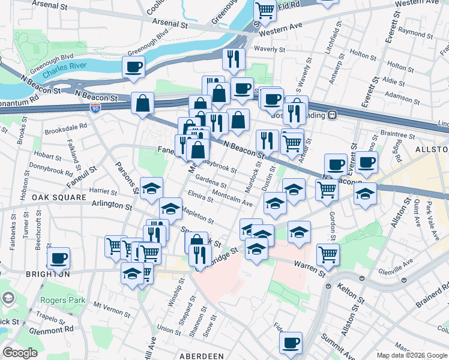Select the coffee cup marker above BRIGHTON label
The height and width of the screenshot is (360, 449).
[58, 258]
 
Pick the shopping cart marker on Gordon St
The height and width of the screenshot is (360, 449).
[327, 189]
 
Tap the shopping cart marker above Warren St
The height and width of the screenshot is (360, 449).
[328, 254]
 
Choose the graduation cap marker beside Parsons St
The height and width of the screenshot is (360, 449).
[151, 188]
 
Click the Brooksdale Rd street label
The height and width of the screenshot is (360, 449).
[65, 127]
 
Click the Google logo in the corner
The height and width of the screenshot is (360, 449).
[20, 353]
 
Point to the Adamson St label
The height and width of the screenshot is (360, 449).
[402, 95]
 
